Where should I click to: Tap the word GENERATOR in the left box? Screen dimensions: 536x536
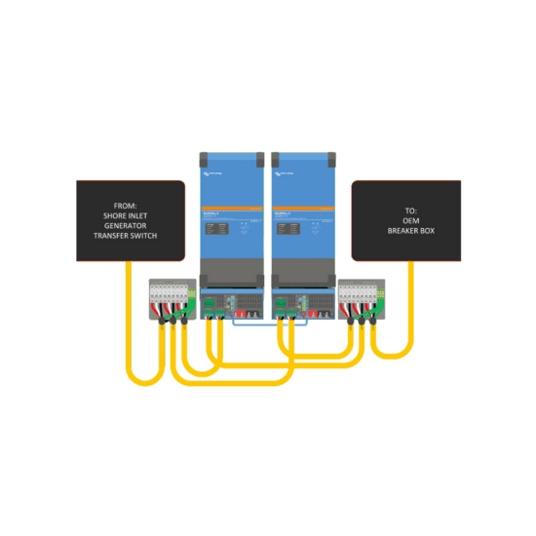(131, 226)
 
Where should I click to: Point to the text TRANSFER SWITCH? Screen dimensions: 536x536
(131, 236)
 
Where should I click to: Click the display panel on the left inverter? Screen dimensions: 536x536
(216, 228)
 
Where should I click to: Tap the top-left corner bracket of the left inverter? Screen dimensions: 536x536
(205, 157)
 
